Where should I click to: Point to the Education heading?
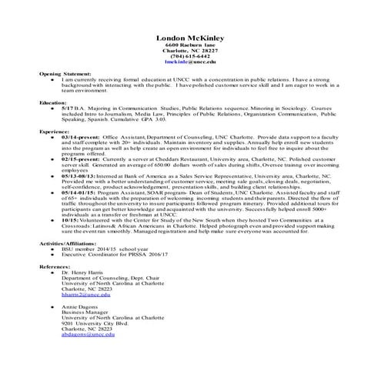click(x=53, y=102)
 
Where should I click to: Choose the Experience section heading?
click(x=55, y=132)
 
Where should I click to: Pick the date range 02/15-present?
click(x=79, y=161)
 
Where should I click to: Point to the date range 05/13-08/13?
click(x=79, y=175)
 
